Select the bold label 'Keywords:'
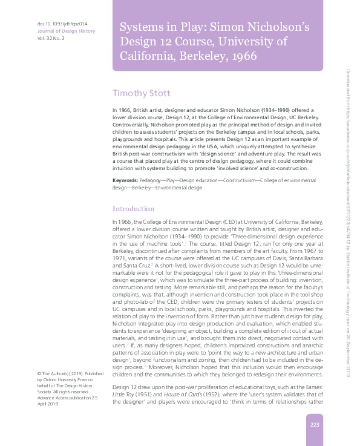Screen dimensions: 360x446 coord(125,181)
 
